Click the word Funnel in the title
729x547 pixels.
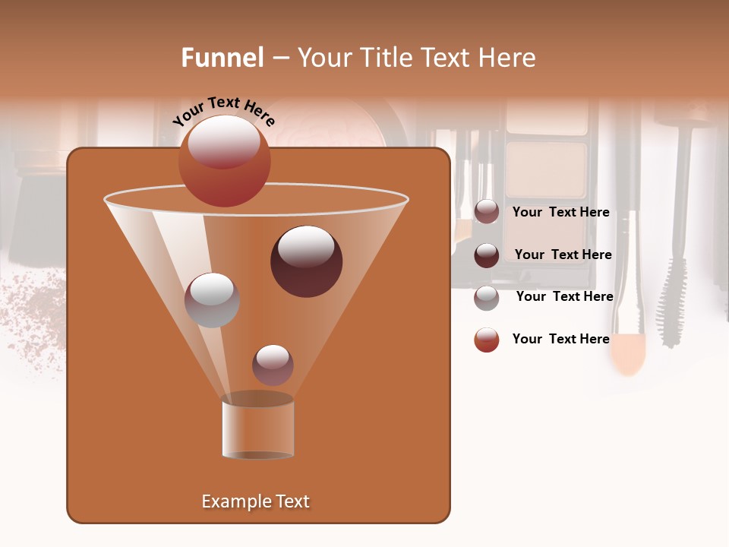click(x=222, y=58)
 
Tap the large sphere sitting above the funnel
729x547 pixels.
click(x=224, y=160)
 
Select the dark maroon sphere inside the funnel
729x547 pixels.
click(x=306, y=261)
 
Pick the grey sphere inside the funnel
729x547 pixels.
click(x=212, y=299)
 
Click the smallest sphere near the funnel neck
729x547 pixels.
click(x=273, y=365)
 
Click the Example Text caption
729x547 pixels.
click(x=255, y=501)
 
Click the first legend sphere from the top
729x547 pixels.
click(x=487, y=212)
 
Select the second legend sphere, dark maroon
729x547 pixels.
click(x=487, y=255)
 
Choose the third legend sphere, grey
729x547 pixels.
click(x=487, y=297)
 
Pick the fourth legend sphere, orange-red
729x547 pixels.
click(x=487, y=340)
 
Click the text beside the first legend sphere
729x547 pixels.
click(x=560, y=213)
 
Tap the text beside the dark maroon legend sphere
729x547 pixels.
click(x=563, y=255)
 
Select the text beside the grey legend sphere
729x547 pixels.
click(x=564, y=297)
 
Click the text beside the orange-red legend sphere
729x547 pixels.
click(x=560, y=340)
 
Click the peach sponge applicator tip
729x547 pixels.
click(x=628, y=353)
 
